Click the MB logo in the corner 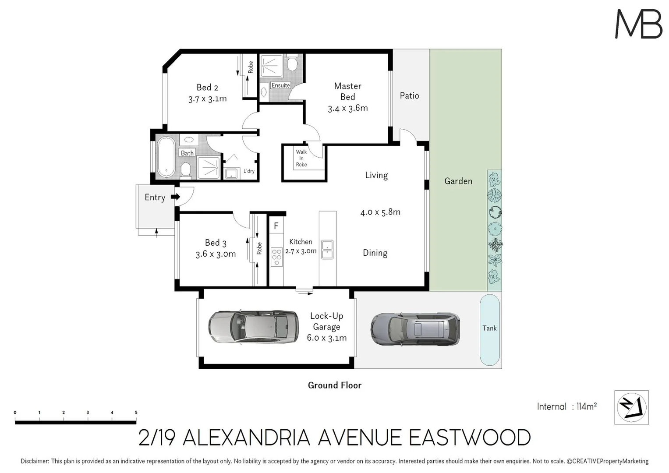638,24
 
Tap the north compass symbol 631,407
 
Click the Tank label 489,328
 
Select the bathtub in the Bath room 166,157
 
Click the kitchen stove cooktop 276,257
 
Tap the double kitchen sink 327,249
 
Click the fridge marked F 276,226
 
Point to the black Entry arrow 175,197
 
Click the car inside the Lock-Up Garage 253,327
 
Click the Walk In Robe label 301,158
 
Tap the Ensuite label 280,85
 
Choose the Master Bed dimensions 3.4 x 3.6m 348,108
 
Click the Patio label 409,95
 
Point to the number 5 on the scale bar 136,413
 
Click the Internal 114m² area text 566,406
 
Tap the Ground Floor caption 335,385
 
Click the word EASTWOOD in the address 469,438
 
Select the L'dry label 249,171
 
